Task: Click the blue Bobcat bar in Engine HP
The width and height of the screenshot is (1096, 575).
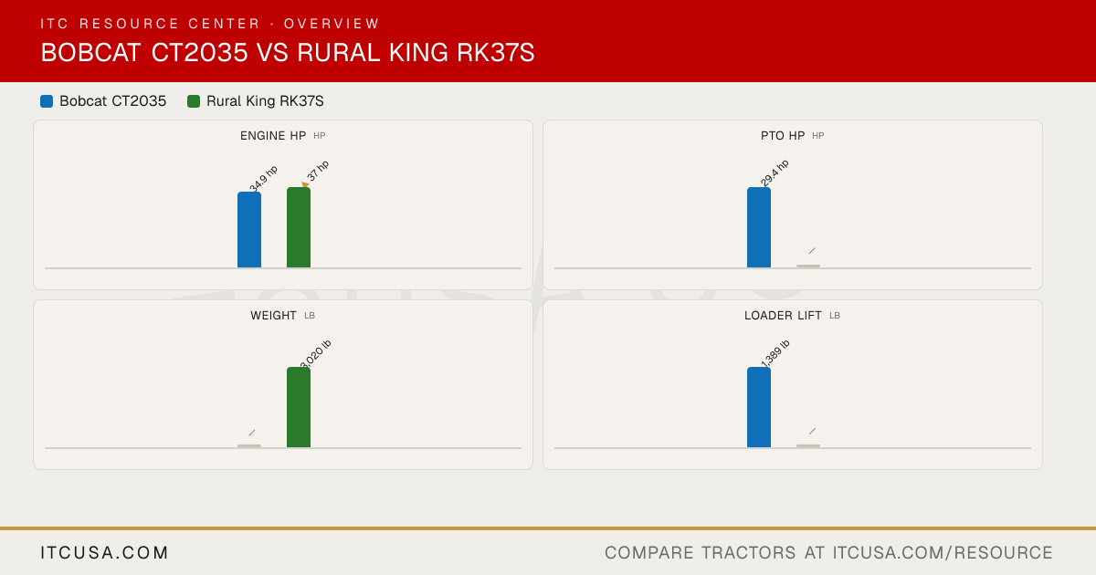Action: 249,230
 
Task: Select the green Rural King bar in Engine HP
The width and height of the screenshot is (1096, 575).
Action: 299,227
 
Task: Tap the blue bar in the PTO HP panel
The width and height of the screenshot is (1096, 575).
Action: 759,227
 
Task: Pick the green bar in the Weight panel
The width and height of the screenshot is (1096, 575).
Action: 299,407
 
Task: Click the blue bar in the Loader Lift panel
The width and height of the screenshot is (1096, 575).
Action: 759,407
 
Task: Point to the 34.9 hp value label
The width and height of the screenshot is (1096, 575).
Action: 263,179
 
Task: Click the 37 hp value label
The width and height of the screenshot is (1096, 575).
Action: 318,171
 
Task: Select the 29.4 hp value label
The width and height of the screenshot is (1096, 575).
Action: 775,173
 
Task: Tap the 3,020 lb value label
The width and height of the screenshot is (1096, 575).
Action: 316,354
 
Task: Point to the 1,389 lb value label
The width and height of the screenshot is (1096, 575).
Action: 775,353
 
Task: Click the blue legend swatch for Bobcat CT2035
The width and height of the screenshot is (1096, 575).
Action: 47,101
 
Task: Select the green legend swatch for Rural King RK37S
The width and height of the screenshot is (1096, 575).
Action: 194,101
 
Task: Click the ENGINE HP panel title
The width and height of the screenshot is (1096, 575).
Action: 273,136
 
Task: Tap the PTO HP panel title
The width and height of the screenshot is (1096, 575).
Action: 783,136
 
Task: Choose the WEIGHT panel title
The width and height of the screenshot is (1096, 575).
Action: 273,316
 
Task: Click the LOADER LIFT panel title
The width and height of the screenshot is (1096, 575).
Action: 783,316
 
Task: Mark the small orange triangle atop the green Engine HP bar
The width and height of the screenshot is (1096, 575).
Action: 305,184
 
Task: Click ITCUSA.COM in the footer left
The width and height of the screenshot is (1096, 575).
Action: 104,552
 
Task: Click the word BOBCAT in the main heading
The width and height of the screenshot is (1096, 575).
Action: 91,53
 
